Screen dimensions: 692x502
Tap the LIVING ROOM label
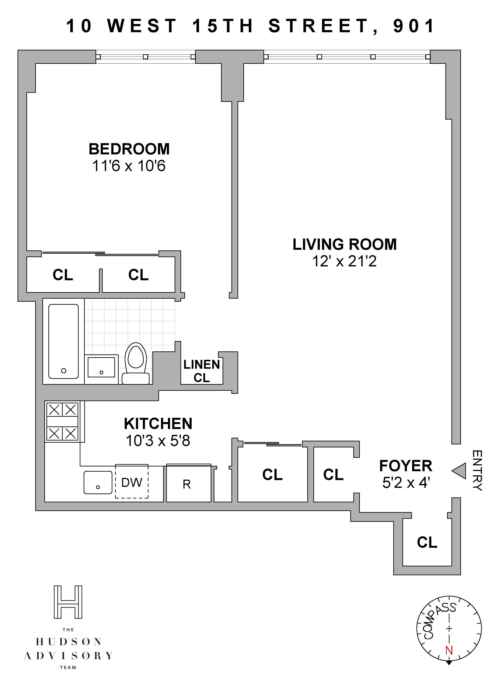pyautogui.click(x=345, y=244)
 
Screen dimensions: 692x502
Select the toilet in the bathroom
pyautogui.click(x=136, y=363)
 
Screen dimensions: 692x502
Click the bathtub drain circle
pyautogui.click(x=64, y=371)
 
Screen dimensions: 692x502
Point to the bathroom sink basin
pyautogui.click(x=101, y=367)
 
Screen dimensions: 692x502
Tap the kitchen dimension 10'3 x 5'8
pyautogui.click(x=158, y=441)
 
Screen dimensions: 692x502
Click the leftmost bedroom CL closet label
pyautogui.click(x=63, y=275)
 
